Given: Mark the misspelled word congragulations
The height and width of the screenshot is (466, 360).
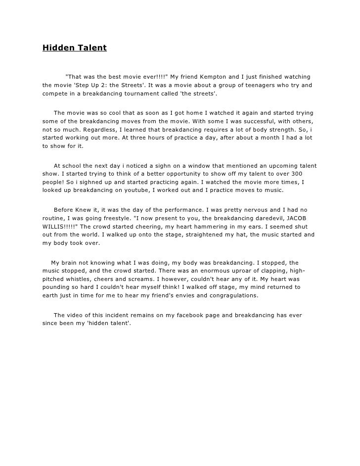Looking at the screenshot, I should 229,296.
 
